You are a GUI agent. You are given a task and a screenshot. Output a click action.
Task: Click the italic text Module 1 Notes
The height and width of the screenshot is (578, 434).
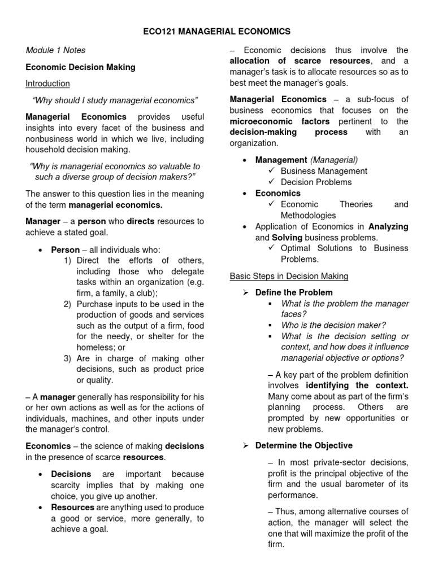pos(55,50)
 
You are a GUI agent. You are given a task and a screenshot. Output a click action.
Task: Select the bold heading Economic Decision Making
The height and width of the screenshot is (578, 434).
pos(81,67)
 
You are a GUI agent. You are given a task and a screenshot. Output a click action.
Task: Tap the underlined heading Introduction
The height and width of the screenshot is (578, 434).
pos(48,84)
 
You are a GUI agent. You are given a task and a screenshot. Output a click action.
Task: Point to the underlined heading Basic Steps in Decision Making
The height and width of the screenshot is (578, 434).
pos(289,276)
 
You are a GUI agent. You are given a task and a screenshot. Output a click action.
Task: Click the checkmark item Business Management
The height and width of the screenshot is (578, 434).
pos(324,171)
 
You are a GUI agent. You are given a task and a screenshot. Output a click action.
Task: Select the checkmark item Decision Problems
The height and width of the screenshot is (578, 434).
pos(316,182)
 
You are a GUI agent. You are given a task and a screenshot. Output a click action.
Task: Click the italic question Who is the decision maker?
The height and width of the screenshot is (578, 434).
pos(333,325)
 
